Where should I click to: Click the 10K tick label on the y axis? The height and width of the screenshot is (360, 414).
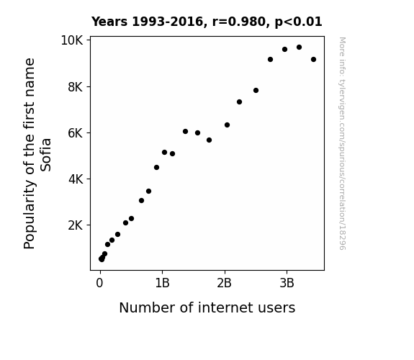coord(72,40)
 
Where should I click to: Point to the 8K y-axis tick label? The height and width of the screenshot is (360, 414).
coord(76,87)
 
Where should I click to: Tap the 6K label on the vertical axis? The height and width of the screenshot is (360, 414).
coord(76,133)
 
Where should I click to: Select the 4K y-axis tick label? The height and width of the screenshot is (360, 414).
coord(76,179)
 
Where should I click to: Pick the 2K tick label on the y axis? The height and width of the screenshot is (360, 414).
coord(76,225)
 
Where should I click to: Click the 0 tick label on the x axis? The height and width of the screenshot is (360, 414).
coord(99,283)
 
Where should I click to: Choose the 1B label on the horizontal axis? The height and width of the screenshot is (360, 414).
coord(162,283)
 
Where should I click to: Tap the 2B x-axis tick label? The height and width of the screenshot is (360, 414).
coord(224,283)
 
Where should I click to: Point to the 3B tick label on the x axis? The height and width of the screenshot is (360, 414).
coord(287,283)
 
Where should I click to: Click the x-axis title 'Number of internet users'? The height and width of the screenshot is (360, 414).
coord(207,307)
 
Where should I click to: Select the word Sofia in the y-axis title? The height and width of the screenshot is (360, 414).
coord(45,155)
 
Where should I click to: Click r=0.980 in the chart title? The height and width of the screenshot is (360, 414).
coord(239,22)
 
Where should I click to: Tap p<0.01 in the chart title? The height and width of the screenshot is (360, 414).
coord(298,22)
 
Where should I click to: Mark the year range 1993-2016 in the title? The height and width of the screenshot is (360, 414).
coord(167,22)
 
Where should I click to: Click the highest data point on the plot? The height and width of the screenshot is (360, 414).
coord(299,48)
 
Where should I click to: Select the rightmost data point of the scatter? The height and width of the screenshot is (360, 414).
coord(313,60)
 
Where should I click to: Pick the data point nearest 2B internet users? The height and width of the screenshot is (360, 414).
coord(227,125)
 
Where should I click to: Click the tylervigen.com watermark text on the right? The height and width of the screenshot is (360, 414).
coord(342,143)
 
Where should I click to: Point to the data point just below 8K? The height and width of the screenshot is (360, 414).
coord(256,90)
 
